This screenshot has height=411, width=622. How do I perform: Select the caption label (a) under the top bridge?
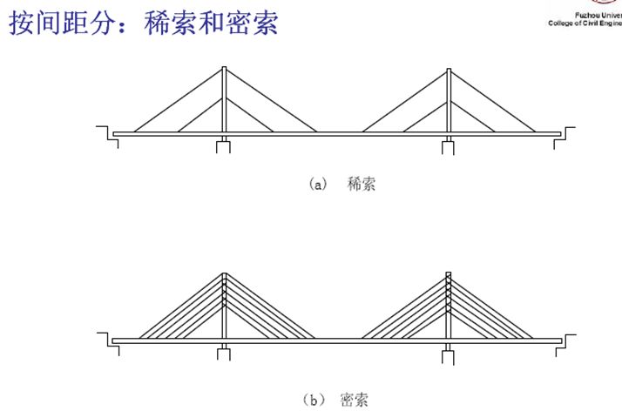[x=316, y=185]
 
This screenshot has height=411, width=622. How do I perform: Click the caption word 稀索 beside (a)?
[x=361, y=185]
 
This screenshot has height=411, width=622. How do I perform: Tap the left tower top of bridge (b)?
[x=224, y=275]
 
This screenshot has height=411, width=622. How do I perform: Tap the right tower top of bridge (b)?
[x=448, y=275]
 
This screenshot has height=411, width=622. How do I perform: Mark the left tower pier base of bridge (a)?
[x=224, y=145]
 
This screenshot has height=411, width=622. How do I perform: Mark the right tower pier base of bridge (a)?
[x=448, y=145]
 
